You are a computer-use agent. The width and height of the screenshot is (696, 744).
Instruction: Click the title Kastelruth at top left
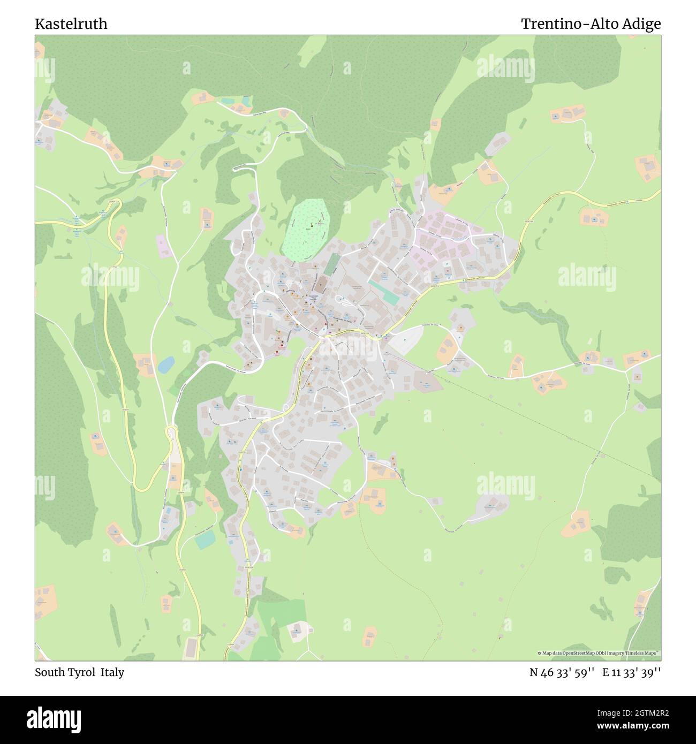click(71, 24)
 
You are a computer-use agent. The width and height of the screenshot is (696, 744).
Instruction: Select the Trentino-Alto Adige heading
click(591, 24)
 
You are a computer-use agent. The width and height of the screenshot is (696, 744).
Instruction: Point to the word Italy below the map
click(112, 672)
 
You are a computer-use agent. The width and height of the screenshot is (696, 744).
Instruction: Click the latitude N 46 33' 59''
click(562, 672)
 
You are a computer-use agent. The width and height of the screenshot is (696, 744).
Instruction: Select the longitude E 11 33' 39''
click(632, 672)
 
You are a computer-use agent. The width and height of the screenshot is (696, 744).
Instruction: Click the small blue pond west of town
click(165, 365)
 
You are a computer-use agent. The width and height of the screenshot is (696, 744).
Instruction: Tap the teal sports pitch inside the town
click(384, 292)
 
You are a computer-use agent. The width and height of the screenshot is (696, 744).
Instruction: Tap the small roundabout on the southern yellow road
click(286, 408)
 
